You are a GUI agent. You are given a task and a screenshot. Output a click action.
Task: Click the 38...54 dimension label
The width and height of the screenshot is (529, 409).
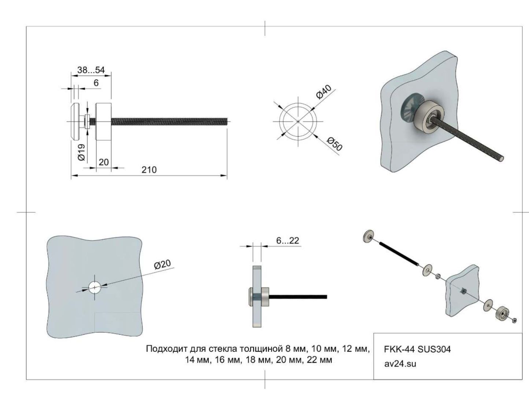click(x=91, y=70)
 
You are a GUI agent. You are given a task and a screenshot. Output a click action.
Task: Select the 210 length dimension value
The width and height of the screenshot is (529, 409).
click(x=149, y=170)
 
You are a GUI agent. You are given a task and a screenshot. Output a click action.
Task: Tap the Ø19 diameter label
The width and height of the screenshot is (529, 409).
click(x=82, y=152)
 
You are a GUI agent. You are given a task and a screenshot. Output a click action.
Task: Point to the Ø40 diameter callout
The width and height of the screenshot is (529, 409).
click(x=324, y=92)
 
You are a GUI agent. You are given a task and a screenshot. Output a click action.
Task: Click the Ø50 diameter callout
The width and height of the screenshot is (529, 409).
click(x=334, y=144)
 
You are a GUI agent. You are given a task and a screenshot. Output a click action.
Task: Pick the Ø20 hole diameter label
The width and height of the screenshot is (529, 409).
click(x=163, y=264)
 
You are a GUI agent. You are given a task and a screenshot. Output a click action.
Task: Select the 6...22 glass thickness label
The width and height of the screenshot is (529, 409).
click(x=288, y=241)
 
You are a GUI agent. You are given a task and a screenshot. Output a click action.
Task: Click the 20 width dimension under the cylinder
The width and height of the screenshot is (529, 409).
click(x=104, y=162)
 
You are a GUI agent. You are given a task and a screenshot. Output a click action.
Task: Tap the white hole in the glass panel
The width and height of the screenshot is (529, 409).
click(x=95, y=288)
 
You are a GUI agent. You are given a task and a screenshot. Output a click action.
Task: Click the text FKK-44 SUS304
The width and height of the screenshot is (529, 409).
click(x=417, y=349)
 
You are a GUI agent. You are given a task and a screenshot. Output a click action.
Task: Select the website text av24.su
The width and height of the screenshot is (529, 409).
click(x=400, y=364)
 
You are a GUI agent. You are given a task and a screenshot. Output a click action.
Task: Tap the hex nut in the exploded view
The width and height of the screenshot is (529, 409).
click(x=514, y=320)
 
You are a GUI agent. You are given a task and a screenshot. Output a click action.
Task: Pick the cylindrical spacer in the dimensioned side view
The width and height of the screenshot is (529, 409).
click(x=104, y=122)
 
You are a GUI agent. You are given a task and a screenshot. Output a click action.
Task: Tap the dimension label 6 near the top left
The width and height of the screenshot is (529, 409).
click(x=96, y=83)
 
